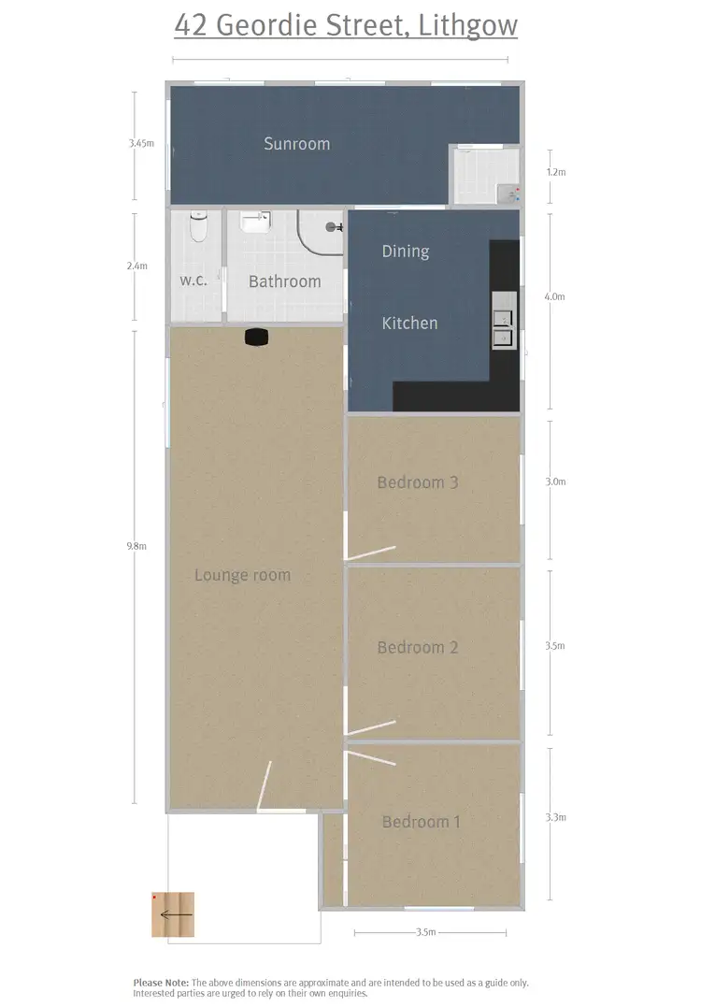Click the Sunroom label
296,144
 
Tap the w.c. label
193,280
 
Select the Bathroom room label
284,280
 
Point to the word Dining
406,251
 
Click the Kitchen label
409,323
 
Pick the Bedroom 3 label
417,482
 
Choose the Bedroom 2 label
417,647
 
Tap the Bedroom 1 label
422,822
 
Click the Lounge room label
242,575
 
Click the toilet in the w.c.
198,227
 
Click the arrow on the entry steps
176,914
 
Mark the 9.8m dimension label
136,546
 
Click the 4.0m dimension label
555,296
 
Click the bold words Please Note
161,983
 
